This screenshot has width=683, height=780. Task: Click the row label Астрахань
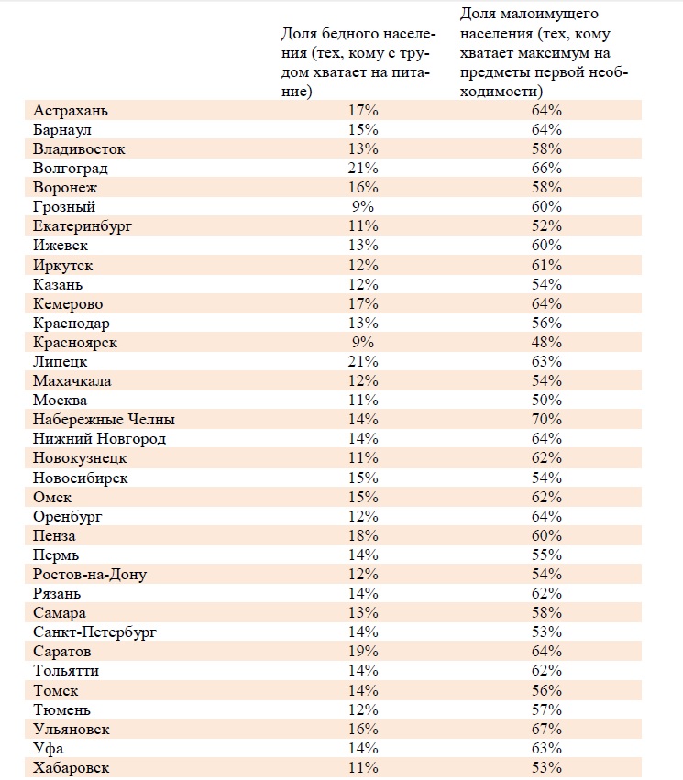pos(71,110)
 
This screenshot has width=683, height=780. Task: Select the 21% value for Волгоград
pos(363,168)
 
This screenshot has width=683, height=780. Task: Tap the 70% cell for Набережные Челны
pos(546,420)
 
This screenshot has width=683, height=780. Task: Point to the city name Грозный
pos(64,207)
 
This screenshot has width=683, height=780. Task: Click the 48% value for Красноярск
pos(546,342)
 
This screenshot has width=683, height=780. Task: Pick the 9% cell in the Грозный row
pos(363,207)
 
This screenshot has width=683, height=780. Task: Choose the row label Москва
pos(61,400)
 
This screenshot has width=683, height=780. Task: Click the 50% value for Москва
pos(546,400)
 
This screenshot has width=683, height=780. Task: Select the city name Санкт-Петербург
pos(94,632)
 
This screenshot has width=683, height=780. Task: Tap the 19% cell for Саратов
pos(363,651)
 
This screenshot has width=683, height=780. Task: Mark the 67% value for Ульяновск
pos(546,730)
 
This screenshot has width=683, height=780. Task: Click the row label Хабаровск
pos(72,768)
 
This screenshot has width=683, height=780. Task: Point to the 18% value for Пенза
pos(363,536)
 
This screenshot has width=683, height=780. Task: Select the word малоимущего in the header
pos(548,15)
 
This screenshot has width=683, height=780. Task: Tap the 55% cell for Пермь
pos(546,555)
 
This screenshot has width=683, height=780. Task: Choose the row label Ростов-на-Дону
pos(90,575)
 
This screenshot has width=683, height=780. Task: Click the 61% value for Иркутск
pos(546,265)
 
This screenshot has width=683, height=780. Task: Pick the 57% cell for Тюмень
pos(546,709)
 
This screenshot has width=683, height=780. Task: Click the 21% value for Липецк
pos(363,362)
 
